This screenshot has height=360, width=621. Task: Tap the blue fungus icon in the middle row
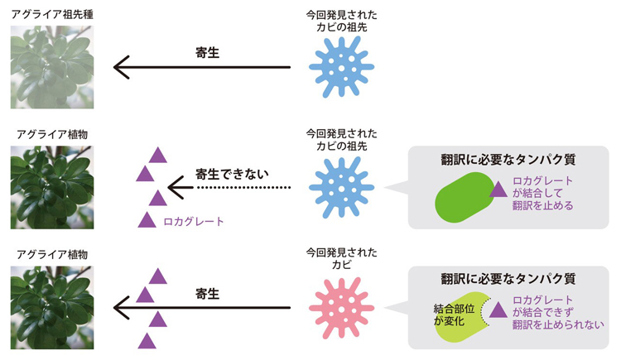pos(341,188)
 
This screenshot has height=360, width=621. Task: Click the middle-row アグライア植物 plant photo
pos(51,188)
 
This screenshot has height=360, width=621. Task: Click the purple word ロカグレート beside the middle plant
pos(194,221)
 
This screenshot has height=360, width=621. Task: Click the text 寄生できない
pos(233,174)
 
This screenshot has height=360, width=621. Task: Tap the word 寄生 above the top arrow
pos(206,52)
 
